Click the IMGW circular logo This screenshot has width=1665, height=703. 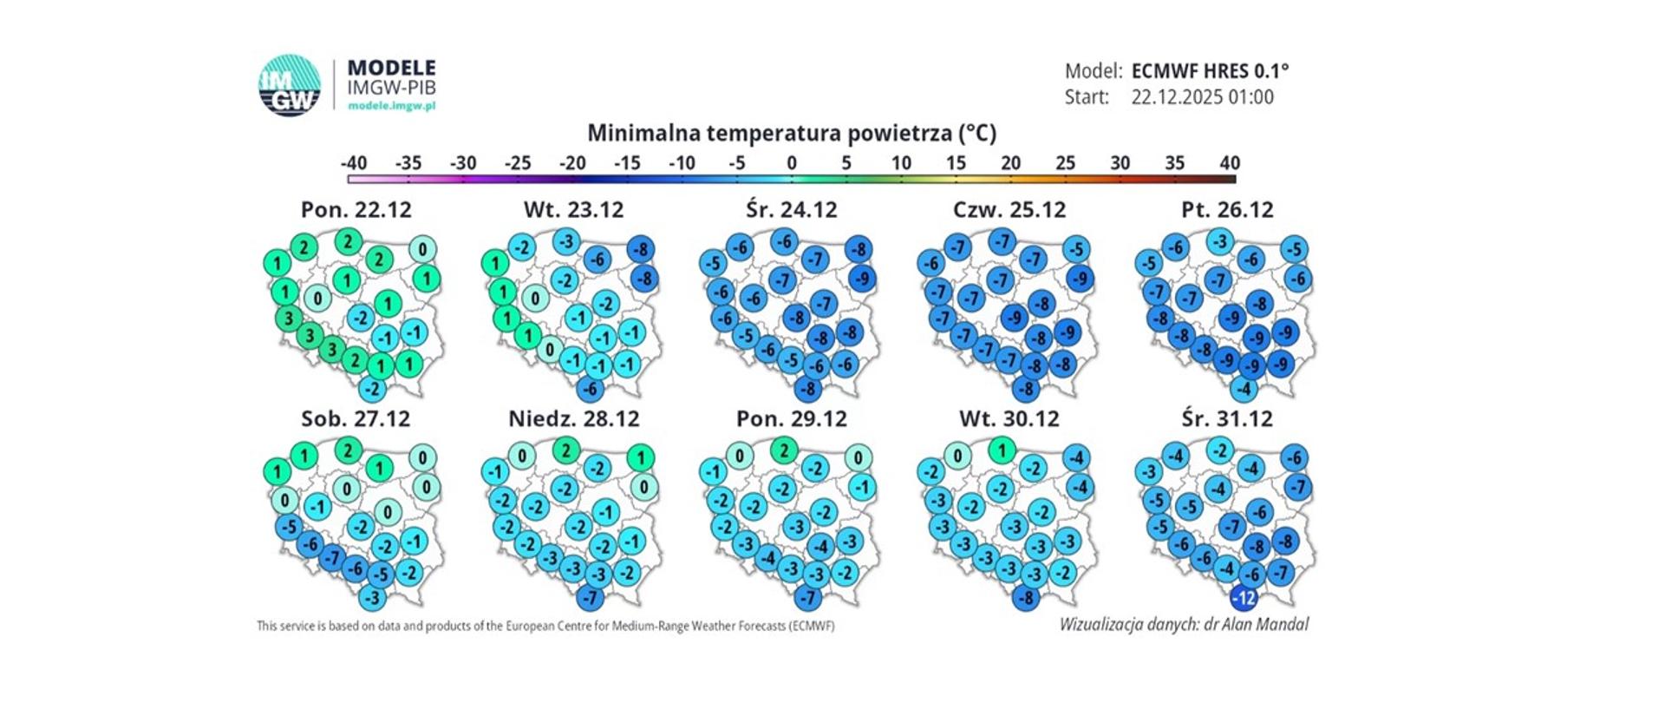pyautogui.click(x=289, y=85)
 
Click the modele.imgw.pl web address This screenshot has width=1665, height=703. pyautogui.click(x=391, y=105)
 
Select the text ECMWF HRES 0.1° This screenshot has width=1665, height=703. pyautogui.click(x=1210, y=71)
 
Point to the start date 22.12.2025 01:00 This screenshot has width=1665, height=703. pyautogui.click(x=1202, y=97)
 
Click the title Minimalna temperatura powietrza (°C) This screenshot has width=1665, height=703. pyautogui.click(x=792, y=134)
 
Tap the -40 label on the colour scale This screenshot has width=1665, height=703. pyautogui.click(x=353, y=163)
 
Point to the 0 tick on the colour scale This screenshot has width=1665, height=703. pyautogui.click(x=792, y=179)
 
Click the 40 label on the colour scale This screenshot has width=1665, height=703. pyautogui.click(x=1229, y=163)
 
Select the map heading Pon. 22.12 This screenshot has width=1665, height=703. pyautogui.click(x=356, y=210)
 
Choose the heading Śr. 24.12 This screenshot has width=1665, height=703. pyautogui.click(x=792, y=210)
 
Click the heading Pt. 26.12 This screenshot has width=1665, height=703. pyautogui.click(x=1227, y=210)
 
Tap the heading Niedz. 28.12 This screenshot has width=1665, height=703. pyautogui.click(x=573, y=419)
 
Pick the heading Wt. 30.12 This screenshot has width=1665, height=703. pyautogui.click(x=1009, y=419)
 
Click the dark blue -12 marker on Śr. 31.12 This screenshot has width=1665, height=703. pyautogui.click(x=1244, y=598)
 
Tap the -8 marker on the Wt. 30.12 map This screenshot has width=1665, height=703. pyautogui.click(x=1026, y=598)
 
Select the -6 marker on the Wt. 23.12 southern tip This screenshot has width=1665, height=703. pyautogui.click(x=590, y=388)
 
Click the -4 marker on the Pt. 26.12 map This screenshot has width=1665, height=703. pyautogui.click(x=1244, y=388)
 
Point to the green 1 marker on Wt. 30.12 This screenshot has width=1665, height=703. pyautogui.click(x=1002, y=450)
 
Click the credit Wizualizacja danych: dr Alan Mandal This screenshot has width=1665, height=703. pyautogui.click(x=1184, y=624)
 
